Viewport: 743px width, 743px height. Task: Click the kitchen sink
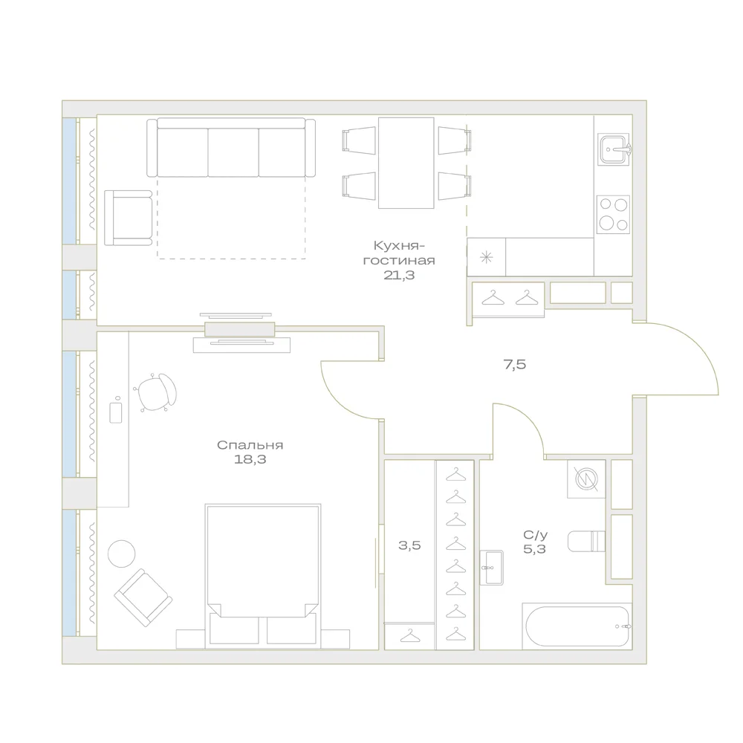click(x=614, y=149)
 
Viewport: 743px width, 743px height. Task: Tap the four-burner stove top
click(x=613, y=214)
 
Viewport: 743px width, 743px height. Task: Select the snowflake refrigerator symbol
click(x=486, y=258)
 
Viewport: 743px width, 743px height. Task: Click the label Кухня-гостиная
click(x=399, y=253)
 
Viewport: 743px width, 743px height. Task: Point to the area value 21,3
click(x=399, y=275)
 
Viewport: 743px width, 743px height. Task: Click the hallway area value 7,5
click(x=515, y=364)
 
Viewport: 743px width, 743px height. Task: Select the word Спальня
click(x=250, y=445)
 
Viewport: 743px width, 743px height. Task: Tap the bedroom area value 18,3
click(x=250, y=459)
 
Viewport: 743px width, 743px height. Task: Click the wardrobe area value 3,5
click(x=409, y=545)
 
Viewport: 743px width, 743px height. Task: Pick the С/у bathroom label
click(x=535, y=536)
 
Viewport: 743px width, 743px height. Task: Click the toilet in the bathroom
click(x=586, y=542)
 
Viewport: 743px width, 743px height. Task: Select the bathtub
click(x=577, y=626)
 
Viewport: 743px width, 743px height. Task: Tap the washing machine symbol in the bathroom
click(x=586, y=478)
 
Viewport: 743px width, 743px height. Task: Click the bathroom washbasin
click(x=491, y=568)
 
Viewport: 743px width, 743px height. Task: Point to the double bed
click(x=263, y=576)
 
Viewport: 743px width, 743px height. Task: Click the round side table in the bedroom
click(x=121, y=554)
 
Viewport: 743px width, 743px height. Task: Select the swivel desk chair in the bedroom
click(x=156, y=392)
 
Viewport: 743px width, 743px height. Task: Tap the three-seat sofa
click(x=231, y=147)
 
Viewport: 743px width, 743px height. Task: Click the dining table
click(x=406, y=163)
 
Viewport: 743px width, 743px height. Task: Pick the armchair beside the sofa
click(x=129, y=218)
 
